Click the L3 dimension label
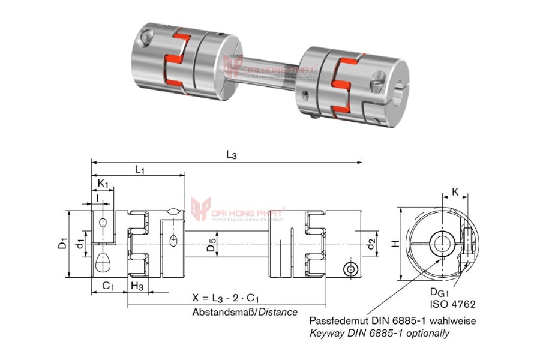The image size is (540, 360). click(231, 155)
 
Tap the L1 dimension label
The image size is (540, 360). click(140, 170)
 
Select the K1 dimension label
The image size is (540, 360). click(103, 182)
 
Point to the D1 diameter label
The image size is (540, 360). click(62, 244)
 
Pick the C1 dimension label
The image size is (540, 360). click(109, 286)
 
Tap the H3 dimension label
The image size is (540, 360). click(137, 286)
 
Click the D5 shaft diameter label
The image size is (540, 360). click(209, 244)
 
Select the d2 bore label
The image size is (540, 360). click(371, 243)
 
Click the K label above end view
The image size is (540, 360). click(455, 192)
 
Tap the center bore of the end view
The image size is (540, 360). click(443, 243)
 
